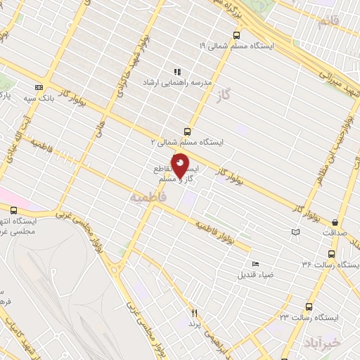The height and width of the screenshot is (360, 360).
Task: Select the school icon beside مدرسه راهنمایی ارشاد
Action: pyautogui.click(x=177, y=71)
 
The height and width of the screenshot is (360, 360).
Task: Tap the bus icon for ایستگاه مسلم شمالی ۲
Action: pyautogui.click(x=187, y=131)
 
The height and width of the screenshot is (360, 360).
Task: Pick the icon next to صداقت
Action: pyautogui.click(x=295, y=232)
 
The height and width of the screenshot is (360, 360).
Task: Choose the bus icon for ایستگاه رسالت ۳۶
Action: pyautogui.click(x=331, y=254)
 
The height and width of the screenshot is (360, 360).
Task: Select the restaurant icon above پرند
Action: pyautogui.click(x=195, y=313)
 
